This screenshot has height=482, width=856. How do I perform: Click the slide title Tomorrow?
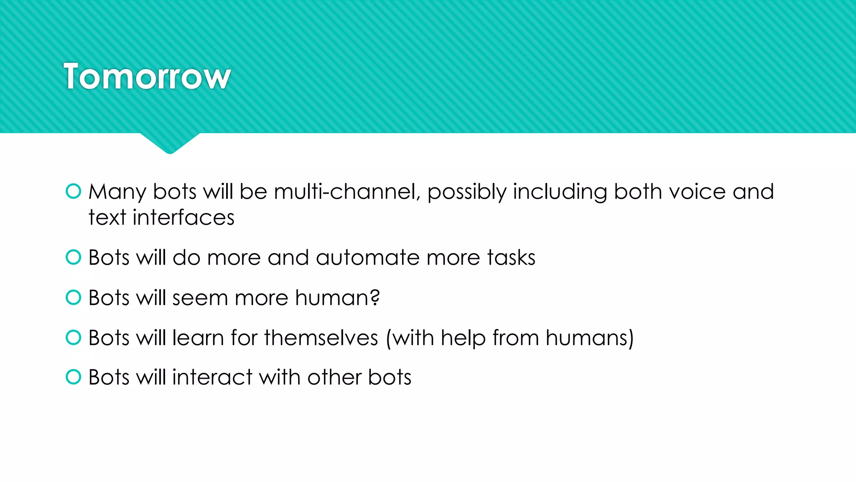coord(147,77)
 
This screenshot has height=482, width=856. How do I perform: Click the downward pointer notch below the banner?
coord(170,143)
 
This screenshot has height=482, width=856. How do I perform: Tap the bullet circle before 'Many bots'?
coord(74,191)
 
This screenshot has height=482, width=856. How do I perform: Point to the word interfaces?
coord(183,218)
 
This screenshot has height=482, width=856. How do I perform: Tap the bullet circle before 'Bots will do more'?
coord(74,257)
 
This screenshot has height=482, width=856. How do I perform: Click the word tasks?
coord(511,258)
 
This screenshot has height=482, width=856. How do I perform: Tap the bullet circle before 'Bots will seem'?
coord(74,297)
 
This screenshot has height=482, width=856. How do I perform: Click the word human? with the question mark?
coord(337,298)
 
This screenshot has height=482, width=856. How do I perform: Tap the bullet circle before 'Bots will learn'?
coord(74,337)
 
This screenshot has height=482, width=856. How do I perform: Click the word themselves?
coord(321,338)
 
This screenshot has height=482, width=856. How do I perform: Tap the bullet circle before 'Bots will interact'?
coord(74,377)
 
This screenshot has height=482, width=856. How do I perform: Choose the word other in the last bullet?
coord(334,377)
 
